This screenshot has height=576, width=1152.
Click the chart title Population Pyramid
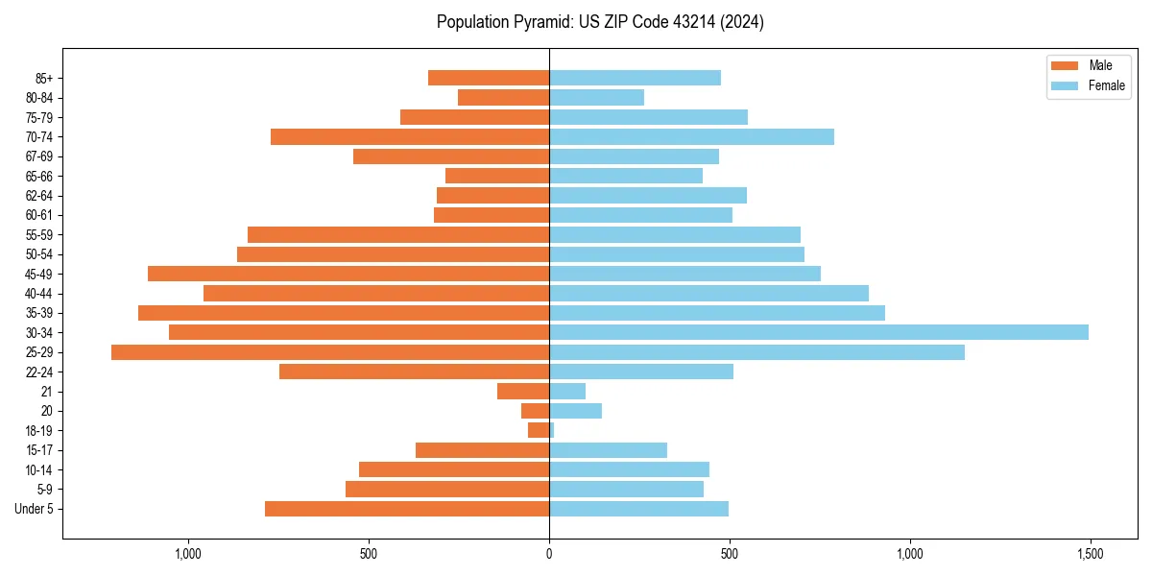point(600,22)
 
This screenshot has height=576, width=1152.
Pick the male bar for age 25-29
point(330,352)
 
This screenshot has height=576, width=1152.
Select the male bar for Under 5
point(407,509)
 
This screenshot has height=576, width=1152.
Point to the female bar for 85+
point(635,78)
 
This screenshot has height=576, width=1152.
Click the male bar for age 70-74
point(410,136)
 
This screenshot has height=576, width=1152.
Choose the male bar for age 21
point(523,391)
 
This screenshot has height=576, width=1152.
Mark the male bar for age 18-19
point(539,430)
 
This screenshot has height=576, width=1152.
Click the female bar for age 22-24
point(641,372)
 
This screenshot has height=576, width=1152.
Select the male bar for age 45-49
point(348,274)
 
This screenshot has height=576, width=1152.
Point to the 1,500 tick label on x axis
point(1090,554)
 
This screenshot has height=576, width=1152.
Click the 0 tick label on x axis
point(549,554)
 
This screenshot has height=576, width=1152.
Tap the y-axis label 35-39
point(39,313)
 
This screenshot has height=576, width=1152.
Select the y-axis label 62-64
point(39,195)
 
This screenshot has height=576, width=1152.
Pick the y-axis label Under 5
point(35,509)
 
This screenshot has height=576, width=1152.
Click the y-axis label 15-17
point(39,450)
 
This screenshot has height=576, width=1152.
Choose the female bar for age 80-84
point(596,97)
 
